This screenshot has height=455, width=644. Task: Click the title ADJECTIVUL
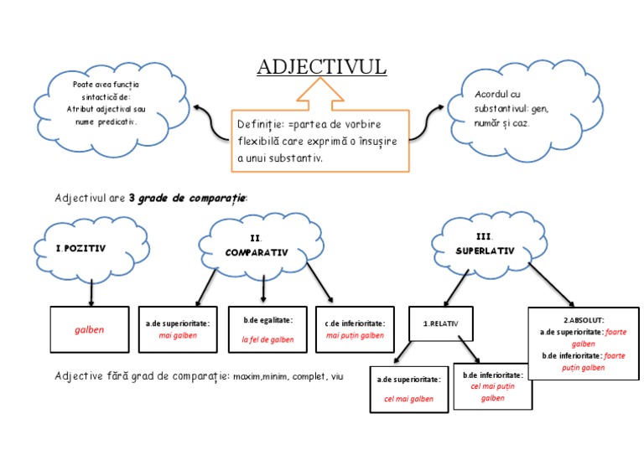[x=321, y=67]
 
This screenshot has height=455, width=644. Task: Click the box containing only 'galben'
[x=90, y=329]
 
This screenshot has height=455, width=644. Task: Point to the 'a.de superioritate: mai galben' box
[x=177, y=329]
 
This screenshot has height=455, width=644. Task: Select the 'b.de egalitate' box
[x=268, y=329]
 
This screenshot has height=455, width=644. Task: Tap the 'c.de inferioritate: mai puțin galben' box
[x=355, y=329]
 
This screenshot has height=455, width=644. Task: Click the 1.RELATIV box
[x=441, y=323]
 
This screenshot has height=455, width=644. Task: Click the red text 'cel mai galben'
[x=408, y=399]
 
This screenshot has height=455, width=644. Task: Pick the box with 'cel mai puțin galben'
[x=492, y=386]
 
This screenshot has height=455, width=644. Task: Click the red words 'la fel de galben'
[x=267, y=339]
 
